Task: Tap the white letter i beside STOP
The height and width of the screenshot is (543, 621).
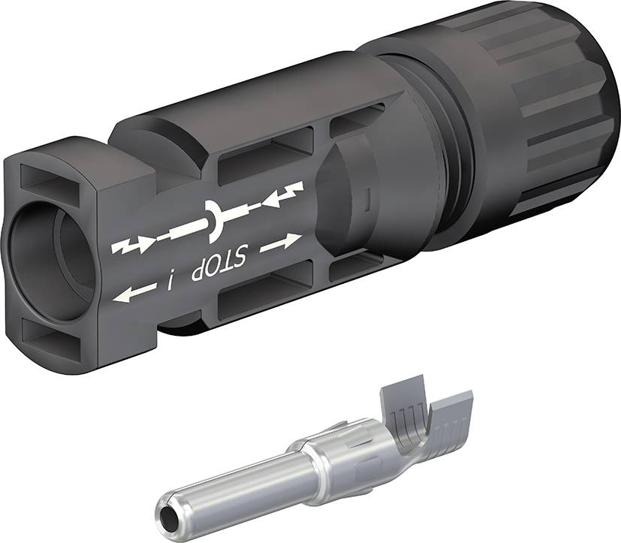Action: (x=170, y=282)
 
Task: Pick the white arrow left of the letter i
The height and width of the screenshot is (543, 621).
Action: (x=131, y=296)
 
